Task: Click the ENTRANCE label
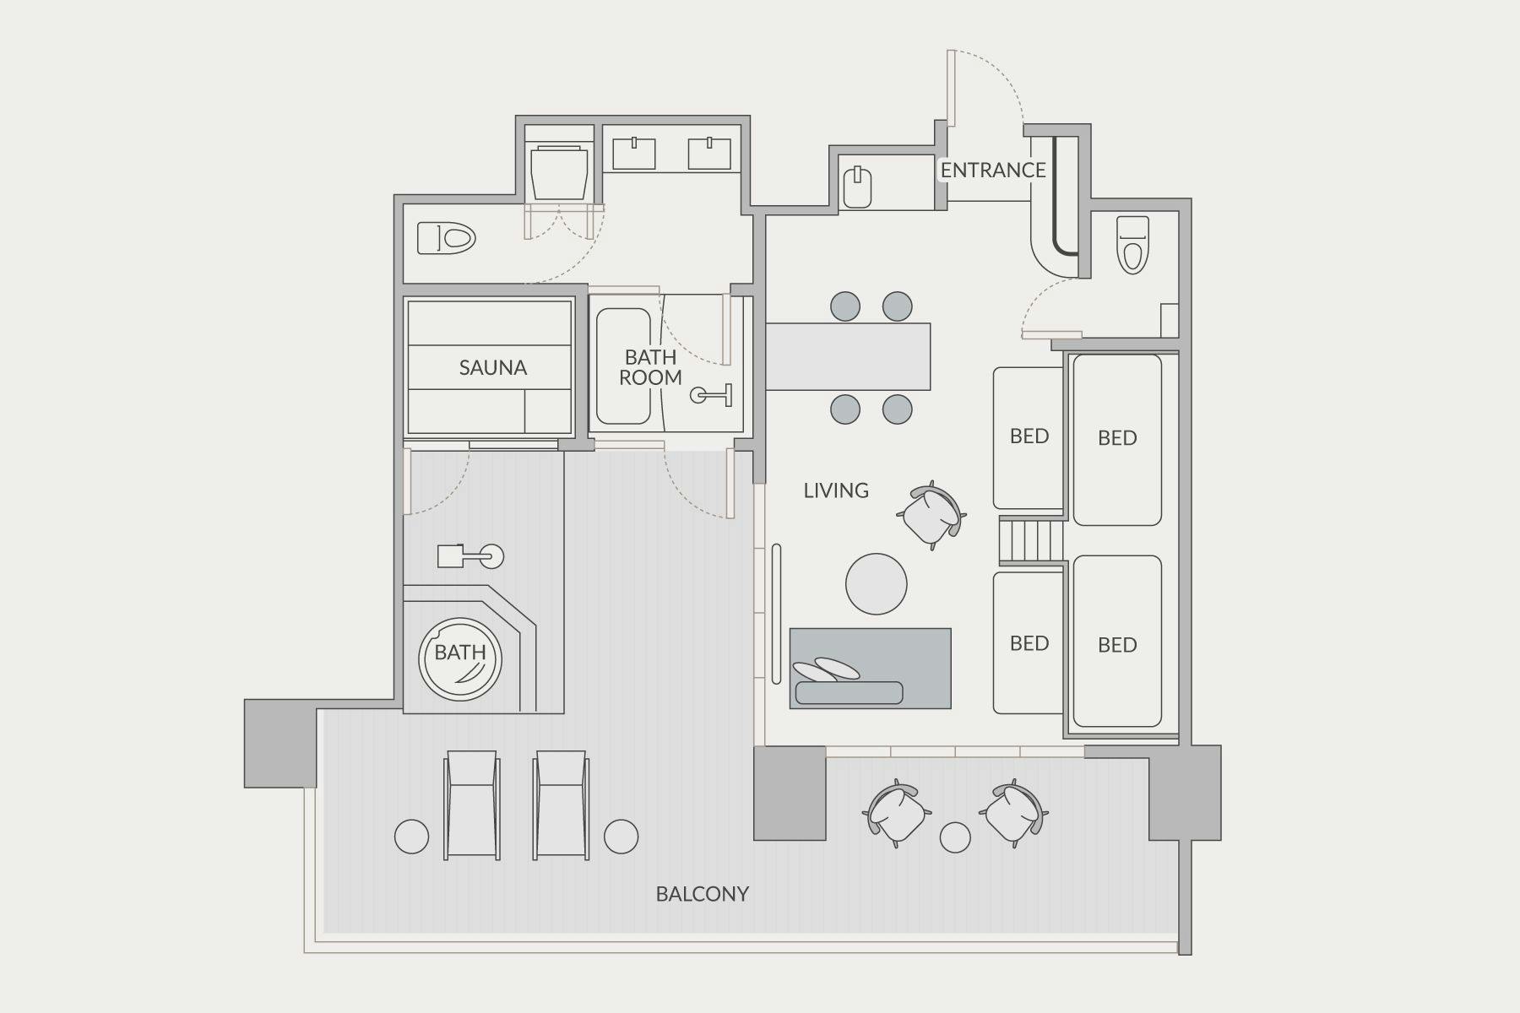pyautogui.click(x=993, y=171)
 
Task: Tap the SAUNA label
pyautogui.click(x=493, y=367)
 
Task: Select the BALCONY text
pyautogui.click(x=703, y=894)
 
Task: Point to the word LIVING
pyautogui.click(x=836, y=490)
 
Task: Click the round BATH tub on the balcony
pyautogui.click(x=460, y=660)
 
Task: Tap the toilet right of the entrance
pyautogui.click(x=1132, y=245)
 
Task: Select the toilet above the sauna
pyautogui.click(x=447, y=238)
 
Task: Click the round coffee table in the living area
pyautogui.click(x=877, y=584)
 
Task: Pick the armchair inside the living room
pyautogui.click(x=931, y=515)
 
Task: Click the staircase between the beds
pyautogui.click(x=1031, y=541)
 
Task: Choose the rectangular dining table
pyautogui.click(x=848, y=356)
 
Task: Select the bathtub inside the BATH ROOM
pyautogui.click(x=623, y=366)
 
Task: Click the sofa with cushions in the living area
pyautogui.click(x=870, y=668)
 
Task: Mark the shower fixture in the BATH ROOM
pyautogui.click(x=712, y=394)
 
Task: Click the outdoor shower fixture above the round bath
pyautogui.click(x=470, y=556)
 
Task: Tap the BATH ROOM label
pyautogui.click(x=650, y=367)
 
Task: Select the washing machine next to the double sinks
pyautogui.click(x=558, y=174)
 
